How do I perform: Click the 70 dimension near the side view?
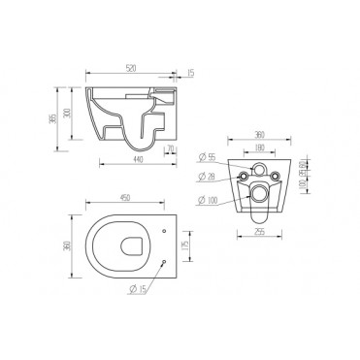coord(170,149)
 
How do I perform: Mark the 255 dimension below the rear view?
coord(259,233)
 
